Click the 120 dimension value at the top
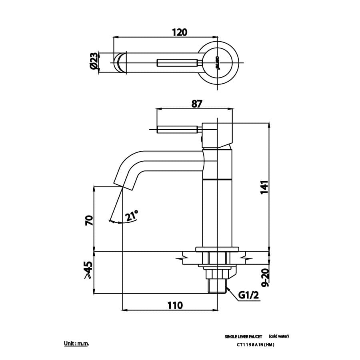[180, 32]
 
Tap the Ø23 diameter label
[93, 62]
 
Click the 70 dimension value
[89, 220]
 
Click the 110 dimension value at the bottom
[175, 305]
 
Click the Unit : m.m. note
[76, 344]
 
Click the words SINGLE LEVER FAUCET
[243, 337]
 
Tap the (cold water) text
[279, 336]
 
